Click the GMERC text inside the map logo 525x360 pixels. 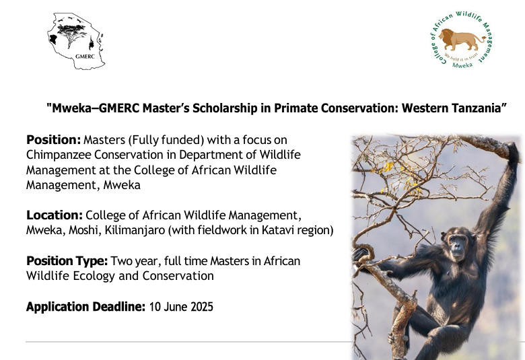pos(85,57)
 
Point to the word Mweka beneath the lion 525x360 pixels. pos(462,65)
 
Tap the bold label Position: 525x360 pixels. pos(54,140)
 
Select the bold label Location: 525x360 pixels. pos(55,215)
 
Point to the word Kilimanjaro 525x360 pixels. pos(135,230)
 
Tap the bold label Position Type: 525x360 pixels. pos(67,261)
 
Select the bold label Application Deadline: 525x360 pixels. pos(85,307)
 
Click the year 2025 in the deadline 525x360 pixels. pos(202,307)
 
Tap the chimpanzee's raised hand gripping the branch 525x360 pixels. pos(513,152)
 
